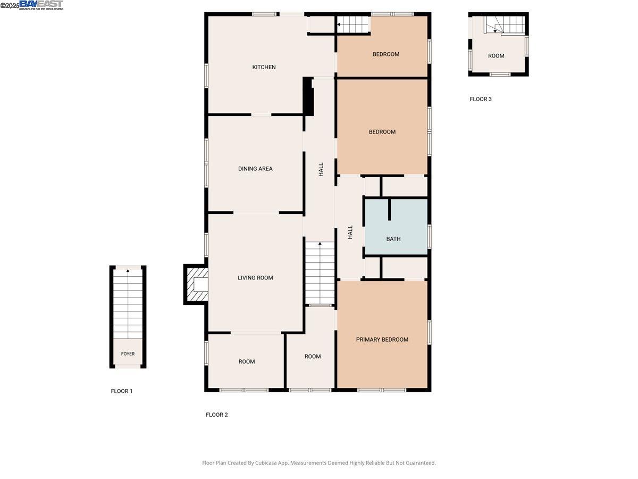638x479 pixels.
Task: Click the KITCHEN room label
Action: pos(264,67)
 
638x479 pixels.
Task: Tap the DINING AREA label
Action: pos(255,169)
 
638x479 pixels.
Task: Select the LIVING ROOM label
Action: pos(255,278)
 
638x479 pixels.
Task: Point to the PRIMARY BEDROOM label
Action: pos(382,340)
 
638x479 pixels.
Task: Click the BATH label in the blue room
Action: pos(393,239)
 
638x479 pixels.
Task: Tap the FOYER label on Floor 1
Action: pos(128,354)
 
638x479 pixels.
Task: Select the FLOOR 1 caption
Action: pos(122,391)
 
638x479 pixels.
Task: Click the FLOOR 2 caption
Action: pos(217,415)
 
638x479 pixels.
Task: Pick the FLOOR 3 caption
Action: pos(481,99)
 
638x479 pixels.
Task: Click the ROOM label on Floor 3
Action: pos(496,56)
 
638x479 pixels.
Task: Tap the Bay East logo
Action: pos(41,5)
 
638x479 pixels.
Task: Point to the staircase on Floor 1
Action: pos(128,303)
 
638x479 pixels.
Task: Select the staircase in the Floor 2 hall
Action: pos(320,272)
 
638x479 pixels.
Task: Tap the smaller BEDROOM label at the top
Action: pos(385,54)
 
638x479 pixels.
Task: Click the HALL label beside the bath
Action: pos(350,232)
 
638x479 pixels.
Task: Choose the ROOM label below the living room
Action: pos(247,362)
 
